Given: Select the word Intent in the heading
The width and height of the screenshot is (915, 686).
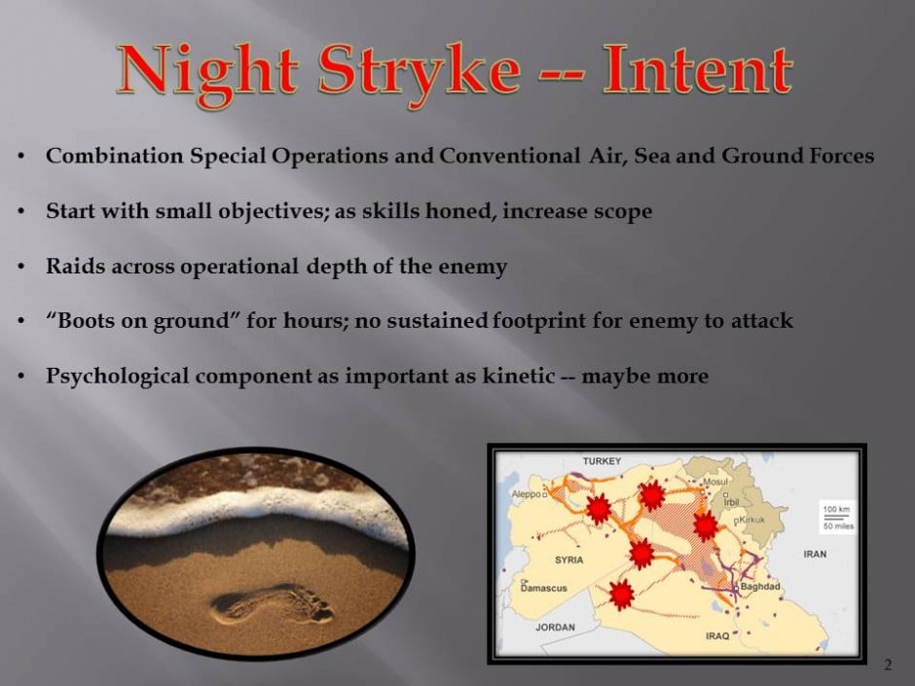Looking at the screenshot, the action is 697,69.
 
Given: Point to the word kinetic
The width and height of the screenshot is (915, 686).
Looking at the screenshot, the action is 518,375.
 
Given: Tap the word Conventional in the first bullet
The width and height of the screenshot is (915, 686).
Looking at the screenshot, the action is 509,156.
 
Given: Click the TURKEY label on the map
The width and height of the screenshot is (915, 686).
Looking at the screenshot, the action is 602,461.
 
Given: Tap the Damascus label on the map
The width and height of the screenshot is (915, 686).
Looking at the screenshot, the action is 544,588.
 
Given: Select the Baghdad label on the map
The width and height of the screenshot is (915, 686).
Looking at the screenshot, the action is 760,586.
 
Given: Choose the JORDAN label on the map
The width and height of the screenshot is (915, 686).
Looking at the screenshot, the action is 555,627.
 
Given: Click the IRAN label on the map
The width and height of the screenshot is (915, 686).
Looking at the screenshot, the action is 815,555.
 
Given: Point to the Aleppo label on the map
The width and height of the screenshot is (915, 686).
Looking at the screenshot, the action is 527,494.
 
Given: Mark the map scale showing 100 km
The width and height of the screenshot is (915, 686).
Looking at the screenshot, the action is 836,509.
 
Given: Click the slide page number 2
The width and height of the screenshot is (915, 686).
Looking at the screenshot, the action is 888,665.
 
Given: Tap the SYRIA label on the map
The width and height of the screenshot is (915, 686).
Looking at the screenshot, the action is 569,560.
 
